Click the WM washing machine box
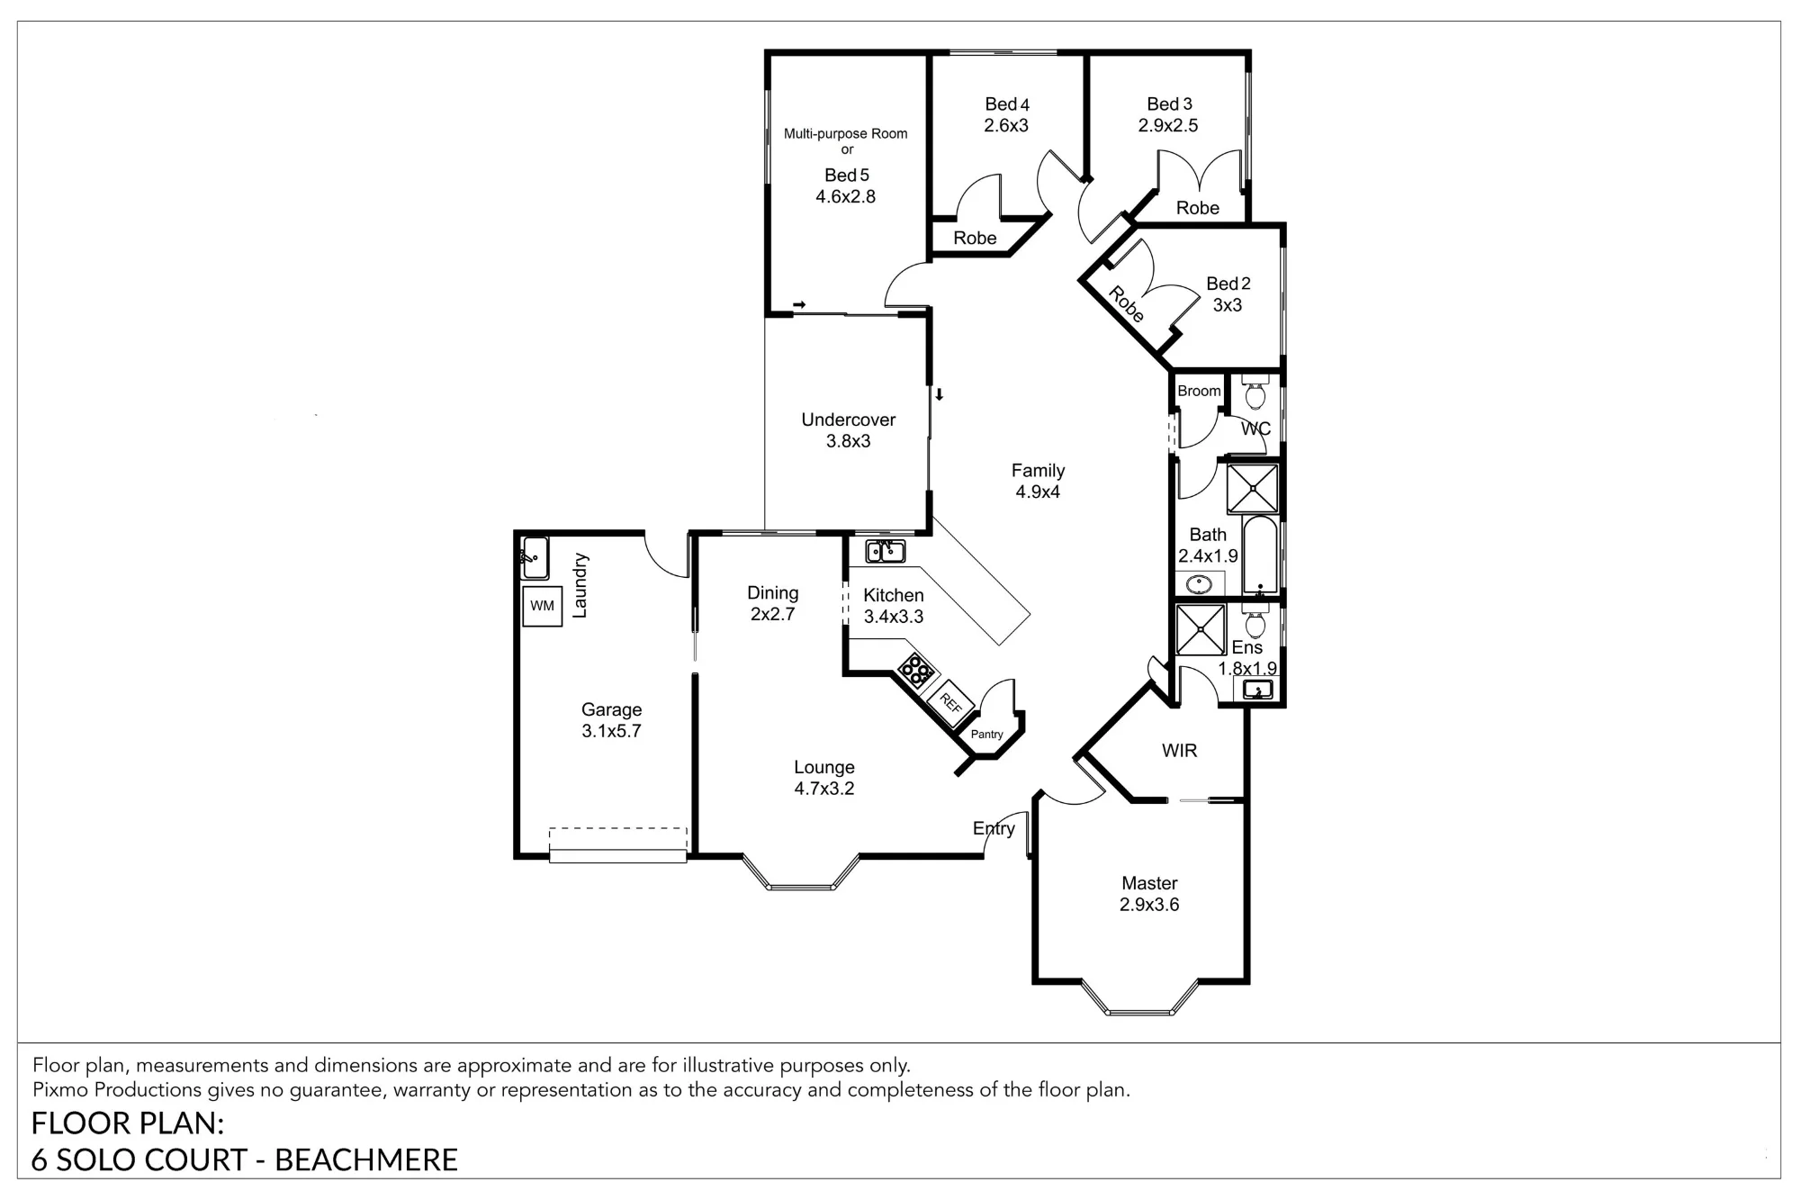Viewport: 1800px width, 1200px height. [543, 606]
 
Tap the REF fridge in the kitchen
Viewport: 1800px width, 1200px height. [950, 702]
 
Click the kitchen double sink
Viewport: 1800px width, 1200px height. [886, 550]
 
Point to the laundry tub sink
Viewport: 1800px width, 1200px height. [535, 557]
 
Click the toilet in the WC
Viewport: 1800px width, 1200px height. [1255, 392]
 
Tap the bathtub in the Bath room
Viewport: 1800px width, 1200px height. [1260, 555]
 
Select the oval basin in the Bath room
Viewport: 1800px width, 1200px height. [1199, 584]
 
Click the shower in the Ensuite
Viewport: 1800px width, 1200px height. [1201, 629]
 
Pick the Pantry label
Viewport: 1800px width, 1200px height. [987, 735]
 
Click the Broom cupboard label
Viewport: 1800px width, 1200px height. [1199, 391]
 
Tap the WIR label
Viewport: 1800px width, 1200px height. [1179, 751]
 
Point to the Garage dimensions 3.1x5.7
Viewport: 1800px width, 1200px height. [611, 731]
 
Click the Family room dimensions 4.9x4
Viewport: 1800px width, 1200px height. [1038, 492]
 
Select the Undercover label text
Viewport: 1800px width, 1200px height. [849, 420]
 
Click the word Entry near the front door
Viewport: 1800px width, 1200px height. [994, 828]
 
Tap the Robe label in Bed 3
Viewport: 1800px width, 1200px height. [1198, 208]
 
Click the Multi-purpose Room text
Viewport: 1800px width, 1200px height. [845, 133]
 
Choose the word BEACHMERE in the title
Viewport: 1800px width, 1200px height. [366, 1159]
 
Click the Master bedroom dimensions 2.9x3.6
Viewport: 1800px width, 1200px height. [1149, 905]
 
